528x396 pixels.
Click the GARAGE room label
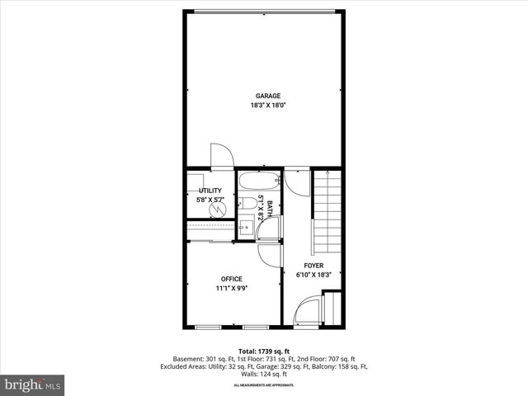pos(262,96)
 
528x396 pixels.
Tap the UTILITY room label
pos(210,191)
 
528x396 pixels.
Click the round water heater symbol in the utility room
pos(219,209)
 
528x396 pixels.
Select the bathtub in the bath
pos(260,182)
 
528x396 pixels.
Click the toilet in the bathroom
pos(247,204)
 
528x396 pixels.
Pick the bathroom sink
pos(246,225)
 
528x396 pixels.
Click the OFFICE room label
pos(231,279)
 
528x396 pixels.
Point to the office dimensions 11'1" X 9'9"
pos(232,289)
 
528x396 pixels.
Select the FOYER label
pos(313,266)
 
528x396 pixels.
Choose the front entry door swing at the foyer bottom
pos(308,312)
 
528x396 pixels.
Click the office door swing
pos(267,255)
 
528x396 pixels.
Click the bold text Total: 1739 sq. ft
pos(263,350)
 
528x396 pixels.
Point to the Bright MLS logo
pos(33,384)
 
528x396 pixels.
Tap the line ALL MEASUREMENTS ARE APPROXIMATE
pos(263,385)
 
